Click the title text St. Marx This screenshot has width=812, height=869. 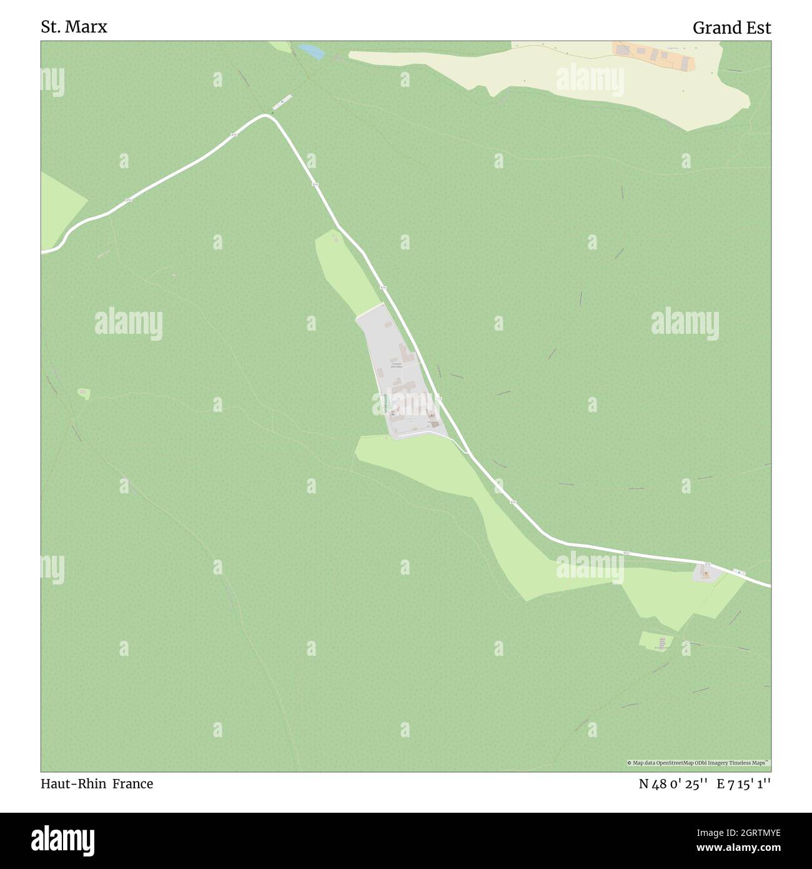(74, 27)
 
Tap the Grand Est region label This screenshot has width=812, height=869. (731, 28)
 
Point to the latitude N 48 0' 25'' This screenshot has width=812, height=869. (673, 783)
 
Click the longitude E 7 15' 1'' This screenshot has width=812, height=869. (744, 783)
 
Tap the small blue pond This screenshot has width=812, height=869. (311, 52)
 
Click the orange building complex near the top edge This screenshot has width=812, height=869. (652, 56)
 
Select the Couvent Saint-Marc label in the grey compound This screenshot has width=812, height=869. (396, 365)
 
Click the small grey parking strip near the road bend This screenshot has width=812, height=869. (282, 101)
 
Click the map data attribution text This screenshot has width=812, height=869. (698, 763)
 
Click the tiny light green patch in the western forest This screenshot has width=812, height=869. (84, 393)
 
